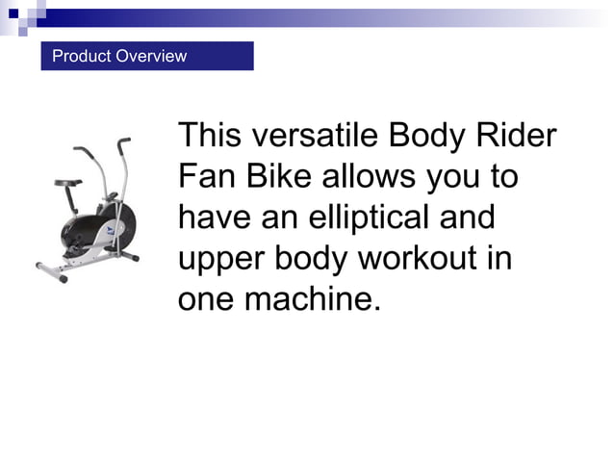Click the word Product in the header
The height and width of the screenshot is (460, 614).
[x=81, y=56]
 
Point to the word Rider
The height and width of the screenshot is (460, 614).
[x=518, y=136]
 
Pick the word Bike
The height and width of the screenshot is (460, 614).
[x=279, y=177]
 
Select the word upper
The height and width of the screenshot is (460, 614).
[x=218, y=260]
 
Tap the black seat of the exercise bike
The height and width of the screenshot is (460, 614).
[x=66, y=184]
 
